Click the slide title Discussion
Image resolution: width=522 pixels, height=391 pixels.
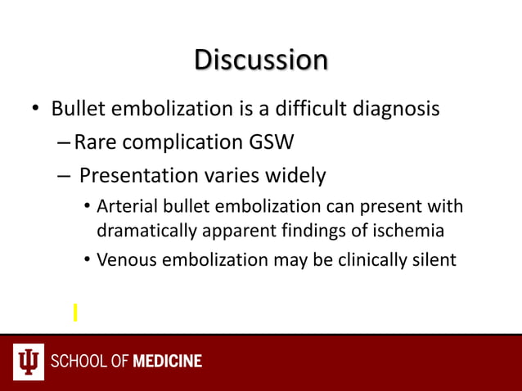coord(261,60)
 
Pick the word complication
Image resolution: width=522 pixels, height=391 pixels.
coord(175,143)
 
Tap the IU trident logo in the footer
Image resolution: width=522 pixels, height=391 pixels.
coord(28,362)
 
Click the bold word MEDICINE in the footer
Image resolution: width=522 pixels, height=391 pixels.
coord(167,362)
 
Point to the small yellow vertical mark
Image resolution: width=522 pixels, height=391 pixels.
coord(74,312)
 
